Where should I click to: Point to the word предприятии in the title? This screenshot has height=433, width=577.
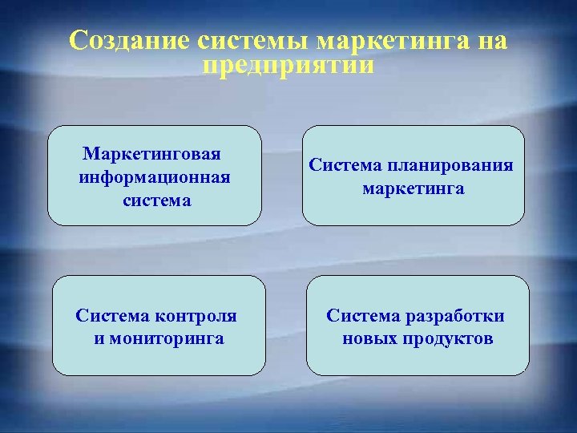(288, 64)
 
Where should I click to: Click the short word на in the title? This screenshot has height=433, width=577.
(490, 40)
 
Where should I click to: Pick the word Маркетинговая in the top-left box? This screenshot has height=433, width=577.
(152, 152)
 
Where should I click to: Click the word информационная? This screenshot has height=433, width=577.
(155, 176)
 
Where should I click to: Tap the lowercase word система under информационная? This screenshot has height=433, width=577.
(157, 200)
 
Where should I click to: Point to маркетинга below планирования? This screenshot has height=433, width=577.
(414, 189)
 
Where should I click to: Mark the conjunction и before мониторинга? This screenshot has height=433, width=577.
(99, 338)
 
